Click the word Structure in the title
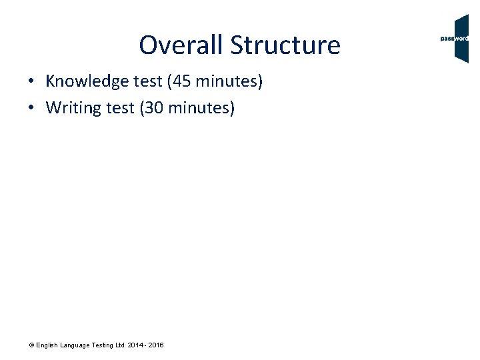(x=285, y=45)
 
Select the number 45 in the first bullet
(x=182, y=82)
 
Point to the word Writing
(x=71, y=107)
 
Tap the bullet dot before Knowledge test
(x=31, y=83)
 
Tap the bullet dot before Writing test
(x=31, y=108)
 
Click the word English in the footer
(x=47, y=345)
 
